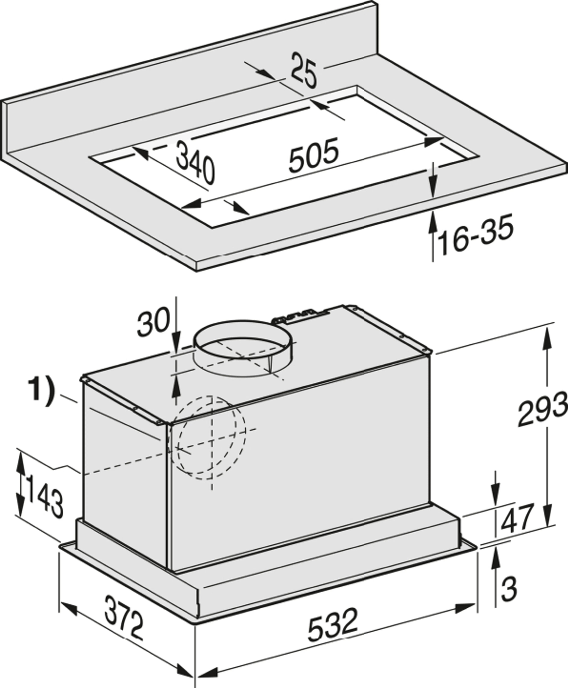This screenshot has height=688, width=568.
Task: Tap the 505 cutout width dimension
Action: point(313,155)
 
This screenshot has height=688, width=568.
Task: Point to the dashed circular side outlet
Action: point(211,438)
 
